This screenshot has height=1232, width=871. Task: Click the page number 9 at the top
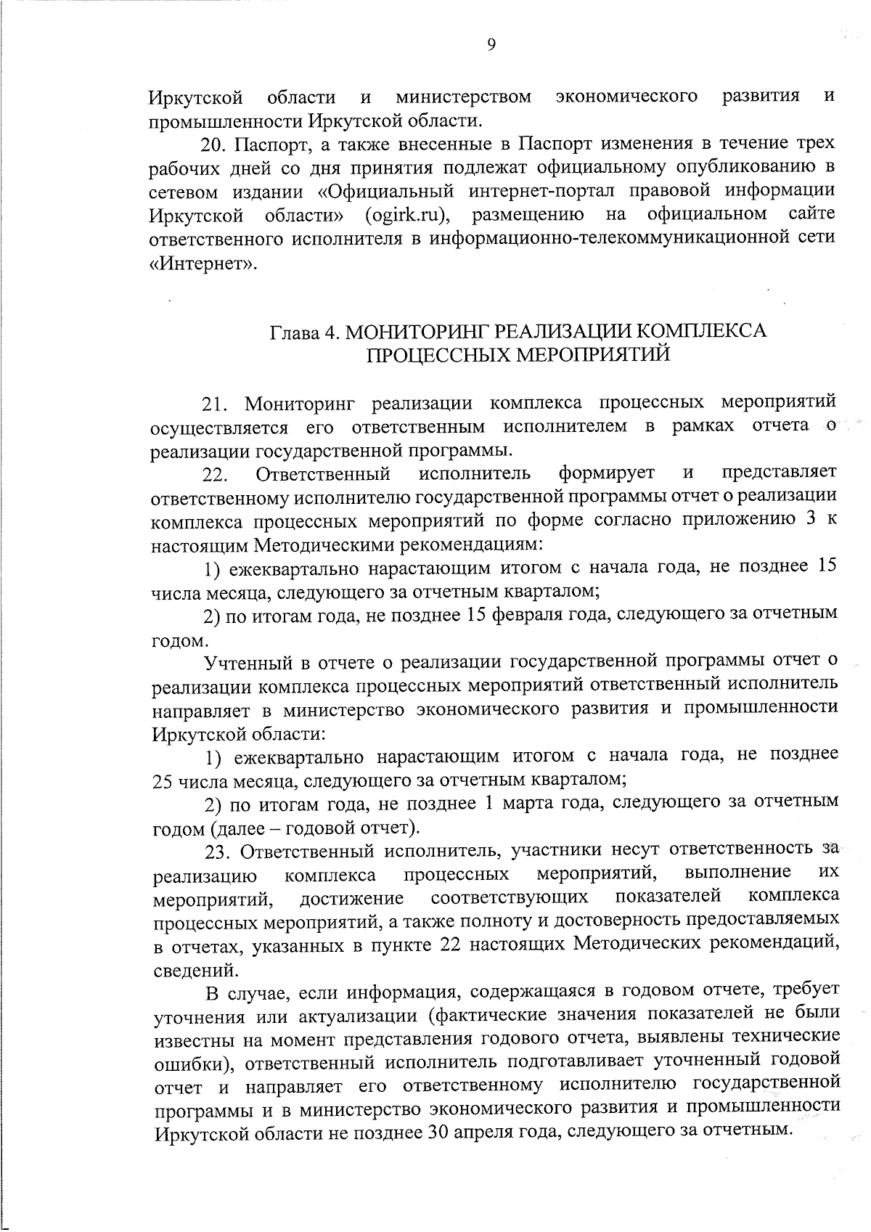tap(491, 45)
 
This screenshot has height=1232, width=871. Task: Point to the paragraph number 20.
tap(215, 144)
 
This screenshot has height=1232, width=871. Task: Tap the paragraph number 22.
tap(216, 474)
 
